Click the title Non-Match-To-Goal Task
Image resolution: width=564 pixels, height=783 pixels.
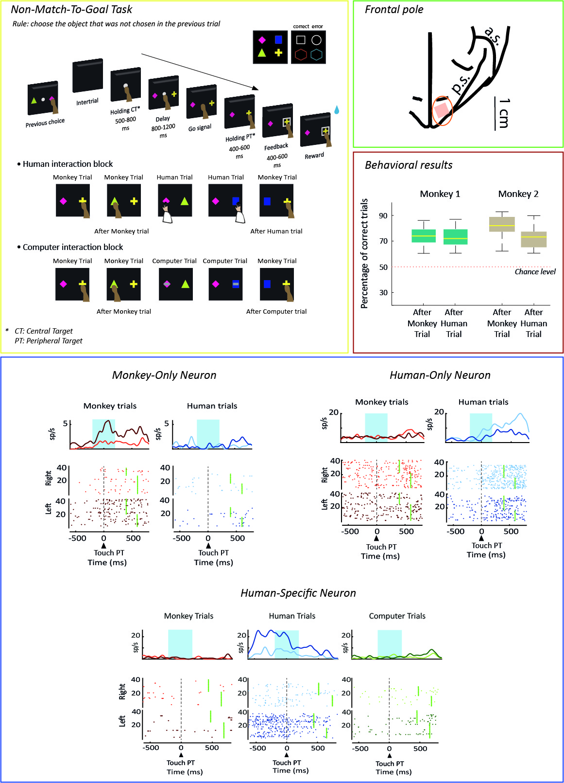[71, 10]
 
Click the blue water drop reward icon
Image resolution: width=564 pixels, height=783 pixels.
[337, 110]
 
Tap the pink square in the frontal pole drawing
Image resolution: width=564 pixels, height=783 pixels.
[442, 110]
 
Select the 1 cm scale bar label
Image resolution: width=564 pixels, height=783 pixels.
[504, 113]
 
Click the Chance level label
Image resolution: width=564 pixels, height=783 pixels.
[535, 272]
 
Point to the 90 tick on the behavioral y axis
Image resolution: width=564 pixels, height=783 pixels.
[383, 215]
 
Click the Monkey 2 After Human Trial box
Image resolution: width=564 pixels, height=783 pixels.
[533, 239]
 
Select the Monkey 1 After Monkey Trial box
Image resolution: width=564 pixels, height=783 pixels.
[424, 236]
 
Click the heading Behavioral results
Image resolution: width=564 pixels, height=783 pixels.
[409, 165]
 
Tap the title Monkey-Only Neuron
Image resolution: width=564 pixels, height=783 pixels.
[164, 375]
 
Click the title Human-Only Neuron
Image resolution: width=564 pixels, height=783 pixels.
[440, 375]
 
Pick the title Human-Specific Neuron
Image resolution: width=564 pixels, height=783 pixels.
[298, 593]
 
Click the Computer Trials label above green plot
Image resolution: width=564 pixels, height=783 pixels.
[397, 616]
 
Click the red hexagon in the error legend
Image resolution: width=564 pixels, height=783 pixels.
[301, 54]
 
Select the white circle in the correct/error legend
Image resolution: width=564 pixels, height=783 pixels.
[316, 40]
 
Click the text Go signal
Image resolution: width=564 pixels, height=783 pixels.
[200, 128]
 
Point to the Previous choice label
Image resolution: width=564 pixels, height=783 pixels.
[45, 123]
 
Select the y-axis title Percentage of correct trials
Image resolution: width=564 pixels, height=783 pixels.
[364, 253]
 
